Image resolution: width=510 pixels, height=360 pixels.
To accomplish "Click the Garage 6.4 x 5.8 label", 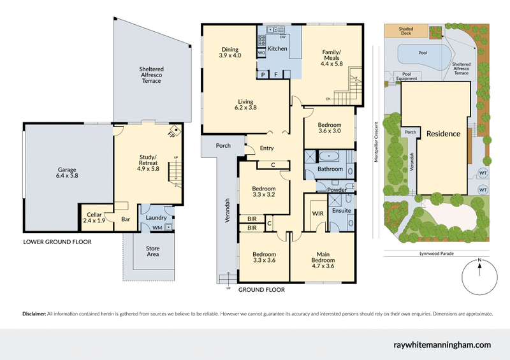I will pos(67,174).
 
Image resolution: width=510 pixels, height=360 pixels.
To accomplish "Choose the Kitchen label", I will pos(278,48).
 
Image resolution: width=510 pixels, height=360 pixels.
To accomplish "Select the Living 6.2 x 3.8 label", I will pos(247,105).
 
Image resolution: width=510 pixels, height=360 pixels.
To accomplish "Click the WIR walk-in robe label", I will pos(318,213).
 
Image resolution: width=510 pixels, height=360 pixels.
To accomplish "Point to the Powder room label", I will pos(337,190).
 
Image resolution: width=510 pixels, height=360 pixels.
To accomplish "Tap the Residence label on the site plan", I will pos(443,134).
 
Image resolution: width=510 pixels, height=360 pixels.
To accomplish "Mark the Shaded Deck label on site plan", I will pos(405,32).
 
